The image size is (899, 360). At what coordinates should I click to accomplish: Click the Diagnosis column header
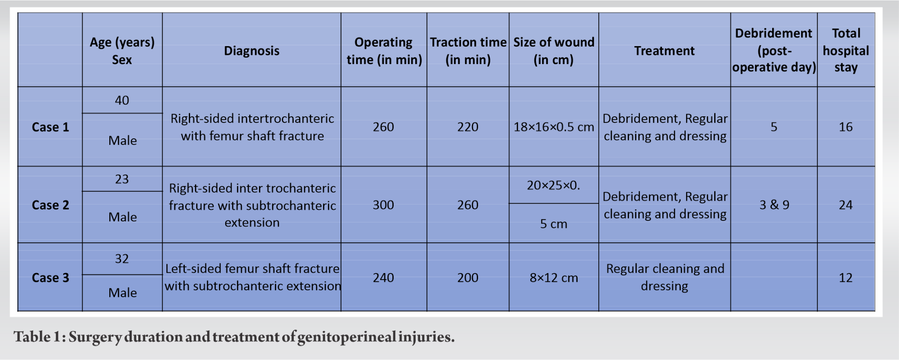(x=252, y=51)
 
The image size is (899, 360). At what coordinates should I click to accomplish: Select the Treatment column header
(x=664, y=51)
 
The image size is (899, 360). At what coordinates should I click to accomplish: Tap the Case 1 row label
(x=50, y=127)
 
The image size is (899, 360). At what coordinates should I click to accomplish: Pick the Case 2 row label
(x=50, y=205)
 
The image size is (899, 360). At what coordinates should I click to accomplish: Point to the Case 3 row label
(x=50, y=278)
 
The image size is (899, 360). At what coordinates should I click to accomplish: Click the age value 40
(x=122, y=101)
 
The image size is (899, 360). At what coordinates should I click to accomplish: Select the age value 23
(x=122, y=179)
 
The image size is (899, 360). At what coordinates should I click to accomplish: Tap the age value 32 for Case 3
(x=122, y=259)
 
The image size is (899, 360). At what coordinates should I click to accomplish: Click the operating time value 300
(x=383, y=205)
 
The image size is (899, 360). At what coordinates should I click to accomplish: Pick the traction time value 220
(x=467, y=127)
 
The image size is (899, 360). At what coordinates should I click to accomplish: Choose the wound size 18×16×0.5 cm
(x=554, y=127)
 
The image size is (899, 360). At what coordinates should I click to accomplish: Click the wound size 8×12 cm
(x=554, y=278)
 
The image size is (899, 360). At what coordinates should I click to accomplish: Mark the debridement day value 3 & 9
(x=774, y=205)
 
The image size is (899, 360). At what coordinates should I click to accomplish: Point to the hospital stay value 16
(x=845, y=127)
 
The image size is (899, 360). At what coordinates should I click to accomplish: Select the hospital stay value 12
(x=845, y=278)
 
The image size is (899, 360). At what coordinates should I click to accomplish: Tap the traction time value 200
(x=467, y=278)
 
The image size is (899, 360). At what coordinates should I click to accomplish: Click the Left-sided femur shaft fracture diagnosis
(x=252, y=277)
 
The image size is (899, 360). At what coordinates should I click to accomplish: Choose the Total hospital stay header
(x=845, y=50)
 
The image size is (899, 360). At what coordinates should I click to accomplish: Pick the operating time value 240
(x=383, y=278)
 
